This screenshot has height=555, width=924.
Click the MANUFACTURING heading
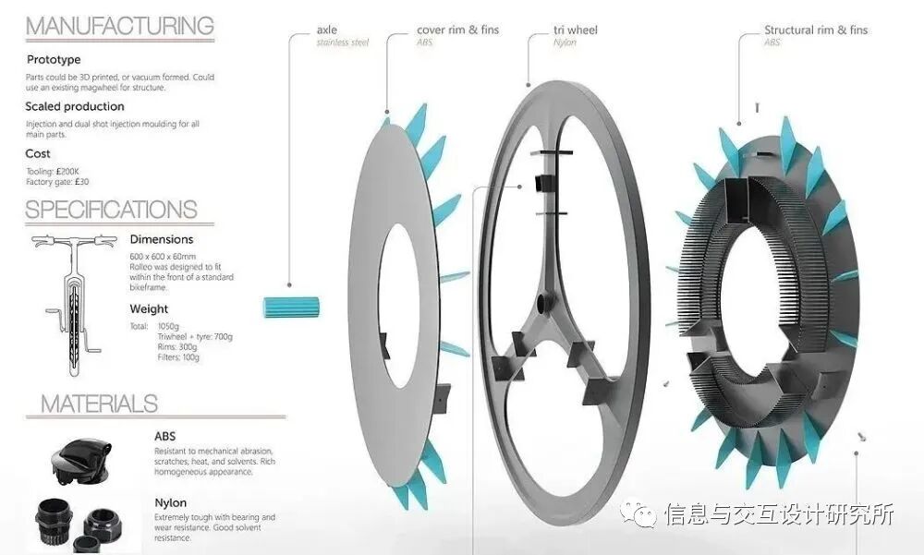tap(119, 25)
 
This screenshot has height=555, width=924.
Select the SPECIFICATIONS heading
tap(111, 210)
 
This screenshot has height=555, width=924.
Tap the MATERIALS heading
tap(99, 404)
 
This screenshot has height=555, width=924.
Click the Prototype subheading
tap(54, 60)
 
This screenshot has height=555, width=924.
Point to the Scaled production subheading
tap(74, 107)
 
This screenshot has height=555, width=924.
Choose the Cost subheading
tap(38, 153)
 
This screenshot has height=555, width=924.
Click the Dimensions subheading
tap(162, 239)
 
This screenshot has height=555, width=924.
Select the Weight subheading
tap(149, 308)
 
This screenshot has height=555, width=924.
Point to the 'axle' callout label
tap(327, 30)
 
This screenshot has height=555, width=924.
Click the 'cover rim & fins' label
tap(457, 30)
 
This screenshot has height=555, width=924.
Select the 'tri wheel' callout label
tap(576, 30)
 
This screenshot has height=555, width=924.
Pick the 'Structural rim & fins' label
tap(816, 30)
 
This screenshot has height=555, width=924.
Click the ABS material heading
tap(165, 436)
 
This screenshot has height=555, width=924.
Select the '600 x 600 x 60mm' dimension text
tap(164, 256)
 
